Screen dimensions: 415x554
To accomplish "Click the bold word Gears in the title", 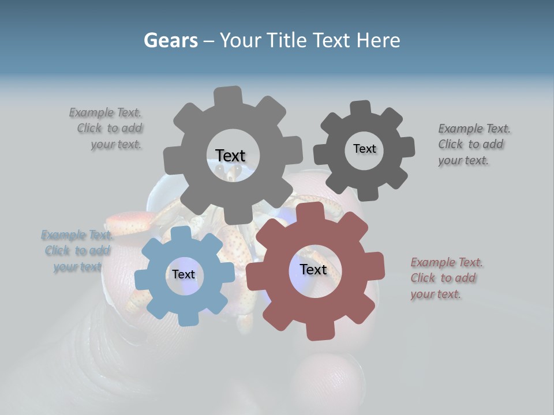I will (x=170, y=40).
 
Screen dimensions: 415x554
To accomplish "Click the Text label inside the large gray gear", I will (x=230, y=156).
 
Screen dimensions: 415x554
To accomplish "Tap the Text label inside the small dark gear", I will (x=364, y=149).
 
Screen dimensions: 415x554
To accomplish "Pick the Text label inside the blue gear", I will (x=184, y=274).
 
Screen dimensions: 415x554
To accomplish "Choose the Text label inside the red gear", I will (x=313, y=269).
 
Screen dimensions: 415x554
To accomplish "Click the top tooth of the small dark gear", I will (x=360, y=108).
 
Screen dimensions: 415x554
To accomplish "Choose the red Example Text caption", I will (x=446, y=278).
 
